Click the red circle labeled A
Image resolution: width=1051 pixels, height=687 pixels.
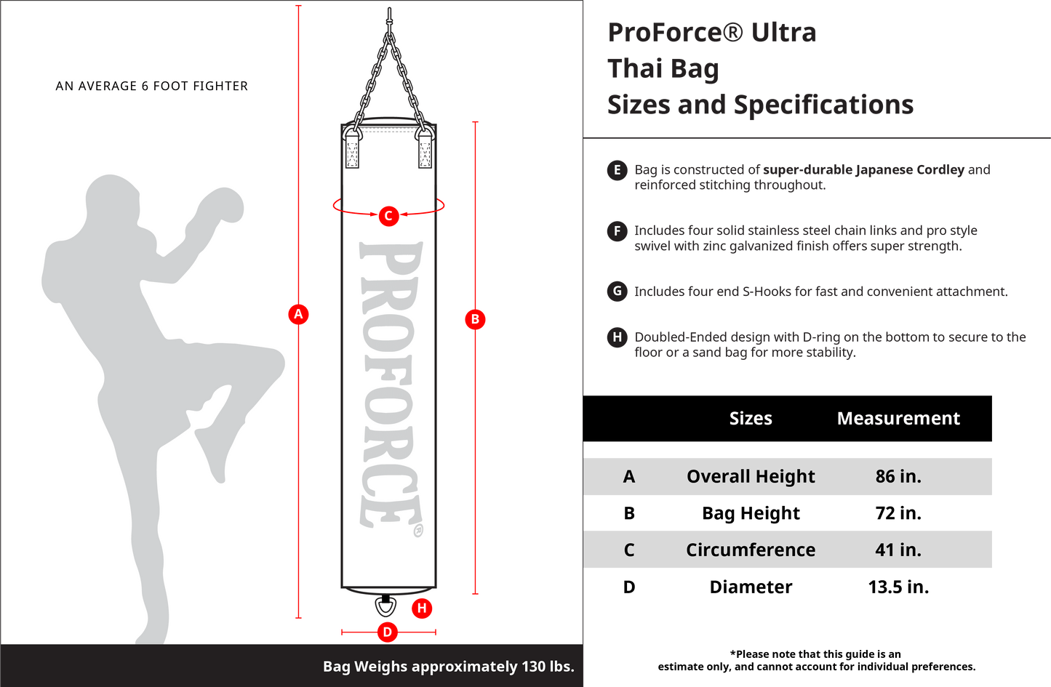click(x=298, y=314)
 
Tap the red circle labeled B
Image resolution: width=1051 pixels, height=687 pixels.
click(x=475, y=319)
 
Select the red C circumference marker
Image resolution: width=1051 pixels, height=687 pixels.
click(x=388, y=216)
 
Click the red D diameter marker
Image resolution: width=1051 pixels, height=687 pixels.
click(x=388, y=632)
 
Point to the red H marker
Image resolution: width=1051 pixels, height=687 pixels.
click(x=422, y=608)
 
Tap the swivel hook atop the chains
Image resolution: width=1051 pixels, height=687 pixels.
click(x=389, y=19)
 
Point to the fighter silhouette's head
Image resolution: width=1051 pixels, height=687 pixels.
click(x=113, y=201)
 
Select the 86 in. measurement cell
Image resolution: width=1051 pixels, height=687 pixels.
click(x=898, y=476)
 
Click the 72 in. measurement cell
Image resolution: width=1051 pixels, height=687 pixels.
click(x=898, y=513)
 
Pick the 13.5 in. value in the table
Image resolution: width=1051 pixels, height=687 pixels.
click(x=898, y=587)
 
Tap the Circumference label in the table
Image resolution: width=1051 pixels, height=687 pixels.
click(x=751, y=550)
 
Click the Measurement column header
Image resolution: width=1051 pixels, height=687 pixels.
click(x=898, y=418)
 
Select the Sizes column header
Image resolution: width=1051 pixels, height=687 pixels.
click(x=751, y=418)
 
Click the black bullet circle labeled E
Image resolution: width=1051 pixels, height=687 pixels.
click(x=617, y=170)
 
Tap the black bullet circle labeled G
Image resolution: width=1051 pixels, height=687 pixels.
click(x=617, y=292)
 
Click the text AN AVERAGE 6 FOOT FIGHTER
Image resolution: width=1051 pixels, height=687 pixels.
click(x=151, y=87)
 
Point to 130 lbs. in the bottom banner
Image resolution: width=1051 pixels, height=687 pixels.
click(x=548, y=667)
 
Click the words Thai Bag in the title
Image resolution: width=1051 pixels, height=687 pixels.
click(x=663, y=69)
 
